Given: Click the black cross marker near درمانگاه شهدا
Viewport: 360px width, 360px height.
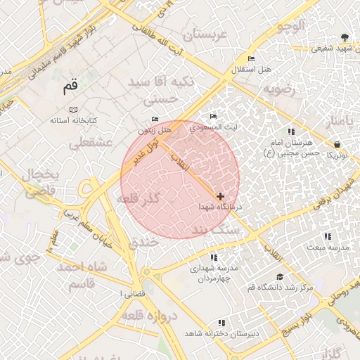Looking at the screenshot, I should pos(221,196).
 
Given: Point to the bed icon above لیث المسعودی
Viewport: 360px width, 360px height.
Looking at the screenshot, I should pos(214,116).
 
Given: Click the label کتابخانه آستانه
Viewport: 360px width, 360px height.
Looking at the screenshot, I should pos(72,121).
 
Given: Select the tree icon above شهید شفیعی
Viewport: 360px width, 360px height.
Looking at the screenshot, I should pos(344,37).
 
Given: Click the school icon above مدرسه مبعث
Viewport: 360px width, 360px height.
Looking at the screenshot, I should pos(326,237).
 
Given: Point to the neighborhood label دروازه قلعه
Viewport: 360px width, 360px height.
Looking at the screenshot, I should pos(152,317).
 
